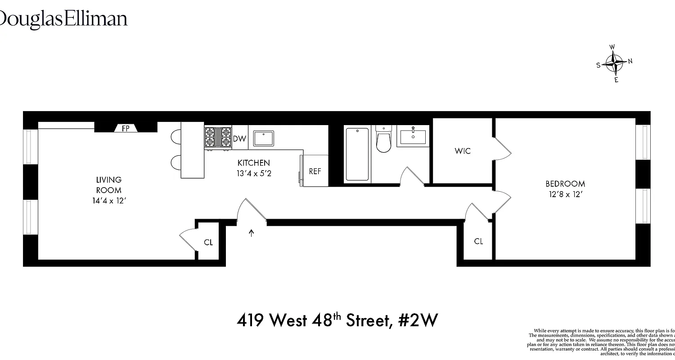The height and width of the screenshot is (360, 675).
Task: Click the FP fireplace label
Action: tap(126, 128)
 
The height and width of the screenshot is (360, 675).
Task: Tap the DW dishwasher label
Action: tap(239, 139)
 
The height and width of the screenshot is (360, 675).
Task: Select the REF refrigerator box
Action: tap(315, 171)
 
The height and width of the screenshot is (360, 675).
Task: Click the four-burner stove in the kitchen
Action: tap(218, 137)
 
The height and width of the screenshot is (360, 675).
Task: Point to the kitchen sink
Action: tap(264, 138)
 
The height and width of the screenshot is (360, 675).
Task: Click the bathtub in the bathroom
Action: tap(357, 154)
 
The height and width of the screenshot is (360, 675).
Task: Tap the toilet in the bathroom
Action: tap(383, 139)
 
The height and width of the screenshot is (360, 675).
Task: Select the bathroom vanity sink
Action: tap(413, 136)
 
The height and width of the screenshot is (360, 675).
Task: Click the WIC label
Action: tap(463, 151)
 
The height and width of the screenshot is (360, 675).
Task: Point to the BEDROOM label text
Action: tap(565, 184)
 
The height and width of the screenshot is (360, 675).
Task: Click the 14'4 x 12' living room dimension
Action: tap(108, 201)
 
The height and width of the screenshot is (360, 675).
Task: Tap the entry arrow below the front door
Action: tap(252, 233)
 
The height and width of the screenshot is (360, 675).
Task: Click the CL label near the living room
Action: tap(208, 243)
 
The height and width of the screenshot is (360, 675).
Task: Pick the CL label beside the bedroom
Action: tap(478, 242)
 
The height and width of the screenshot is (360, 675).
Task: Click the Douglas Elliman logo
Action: tap(63, 19)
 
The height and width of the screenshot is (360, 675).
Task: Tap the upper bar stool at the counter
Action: tap(176, 136)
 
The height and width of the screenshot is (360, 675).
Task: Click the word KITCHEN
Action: tap(254, 163)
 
